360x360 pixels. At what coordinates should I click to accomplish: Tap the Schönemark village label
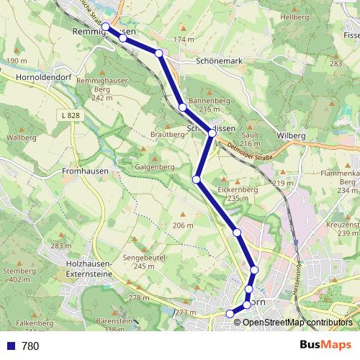coord(220,62)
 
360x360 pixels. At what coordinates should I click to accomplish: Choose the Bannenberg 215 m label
coord(203,104)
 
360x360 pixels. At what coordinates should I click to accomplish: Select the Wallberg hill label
coord(21,137)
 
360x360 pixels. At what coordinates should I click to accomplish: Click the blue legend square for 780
coord(10,346)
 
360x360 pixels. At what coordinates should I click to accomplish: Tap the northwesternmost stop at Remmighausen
coord(106,27)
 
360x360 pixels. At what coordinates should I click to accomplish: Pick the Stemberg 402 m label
coord(19,275)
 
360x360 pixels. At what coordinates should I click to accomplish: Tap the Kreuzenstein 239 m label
coord(344,229)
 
